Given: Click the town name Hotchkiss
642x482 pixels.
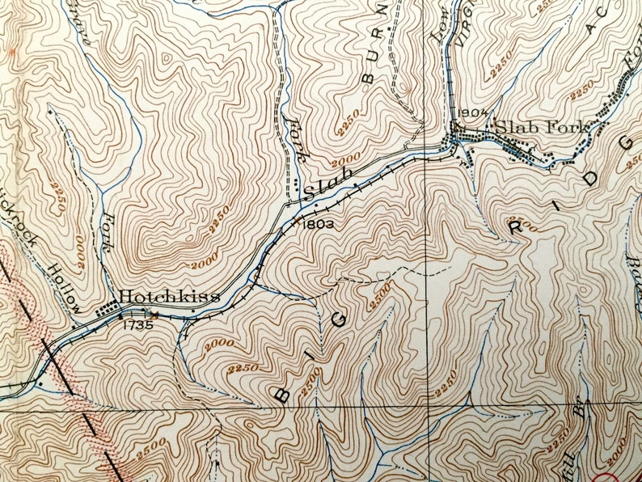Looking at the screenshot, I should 170,297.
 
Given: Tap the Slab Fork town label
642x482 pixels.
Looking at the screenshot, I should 542,126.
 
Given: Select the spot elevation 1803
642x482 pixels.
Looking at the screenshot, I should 316,223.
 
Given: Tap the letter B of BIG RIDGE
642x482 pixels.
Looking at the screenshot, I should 282,394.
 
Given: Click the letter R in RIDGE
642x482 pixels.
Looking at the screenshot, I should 514,226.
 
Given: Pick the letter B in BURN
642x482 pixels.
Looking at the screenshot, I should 370,78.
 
